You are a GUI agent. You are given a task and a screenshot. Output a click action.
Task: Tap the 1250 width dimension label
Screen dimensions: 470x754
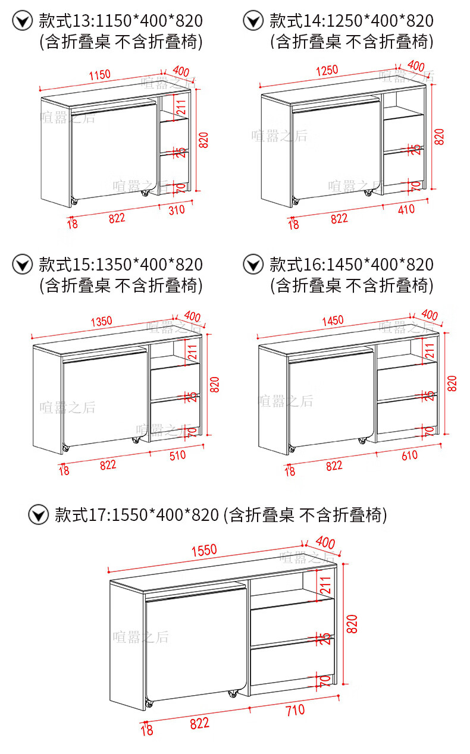pos(327,70)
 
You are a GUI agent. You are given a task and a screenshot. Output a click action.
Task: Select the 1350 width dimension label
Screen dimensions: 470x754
pos(101,321)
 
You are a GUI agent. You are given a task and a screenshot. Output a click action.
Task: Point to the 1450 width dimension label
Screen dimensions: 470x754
pos(333,321)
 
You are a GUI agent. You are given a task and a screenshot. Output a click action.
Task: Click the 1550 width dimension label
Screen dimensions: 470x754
pos(204,550)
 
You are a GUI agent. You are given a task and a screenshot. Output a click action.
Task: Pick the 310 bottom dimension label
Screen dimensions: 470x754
pos(176,209)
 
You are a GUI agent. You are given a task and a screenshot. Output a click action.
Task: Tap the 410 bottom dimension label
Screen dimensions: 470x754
pos(406,209)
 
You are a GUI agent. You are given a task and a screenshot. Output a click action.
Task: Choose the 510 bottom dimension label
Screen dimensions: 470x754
pos(177,455)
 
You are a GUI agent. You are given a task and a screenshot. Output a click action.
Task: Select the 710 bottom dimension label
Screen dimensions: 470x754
pos(294,709)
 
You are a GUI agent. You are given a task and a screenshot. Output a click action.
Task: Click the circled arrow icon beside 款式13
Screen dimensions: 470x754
pos(23,21)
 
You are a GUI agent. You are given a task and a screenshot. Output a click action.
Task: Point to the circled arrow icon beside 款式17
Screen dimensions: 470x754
pos(39,514)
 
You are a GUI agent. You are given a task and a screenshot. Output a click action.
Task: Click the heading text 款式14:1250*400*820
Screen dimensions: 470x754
pos(351,21)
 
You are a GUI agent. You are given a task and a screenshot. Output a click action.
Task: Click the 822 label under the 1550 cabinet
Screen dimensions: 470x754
pos(199,723)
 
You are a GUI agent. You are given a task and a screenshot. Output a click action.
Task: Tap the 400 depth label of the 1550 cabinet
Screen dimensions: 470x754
pos(325,542)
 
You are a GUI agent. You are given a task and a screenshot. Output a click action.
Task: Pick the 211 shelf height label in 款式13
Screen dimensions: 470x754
pos(181,106)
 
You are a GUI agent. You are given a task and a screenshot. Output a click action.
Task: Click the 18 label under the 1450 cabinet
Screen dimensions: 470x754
pos(290,472)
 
